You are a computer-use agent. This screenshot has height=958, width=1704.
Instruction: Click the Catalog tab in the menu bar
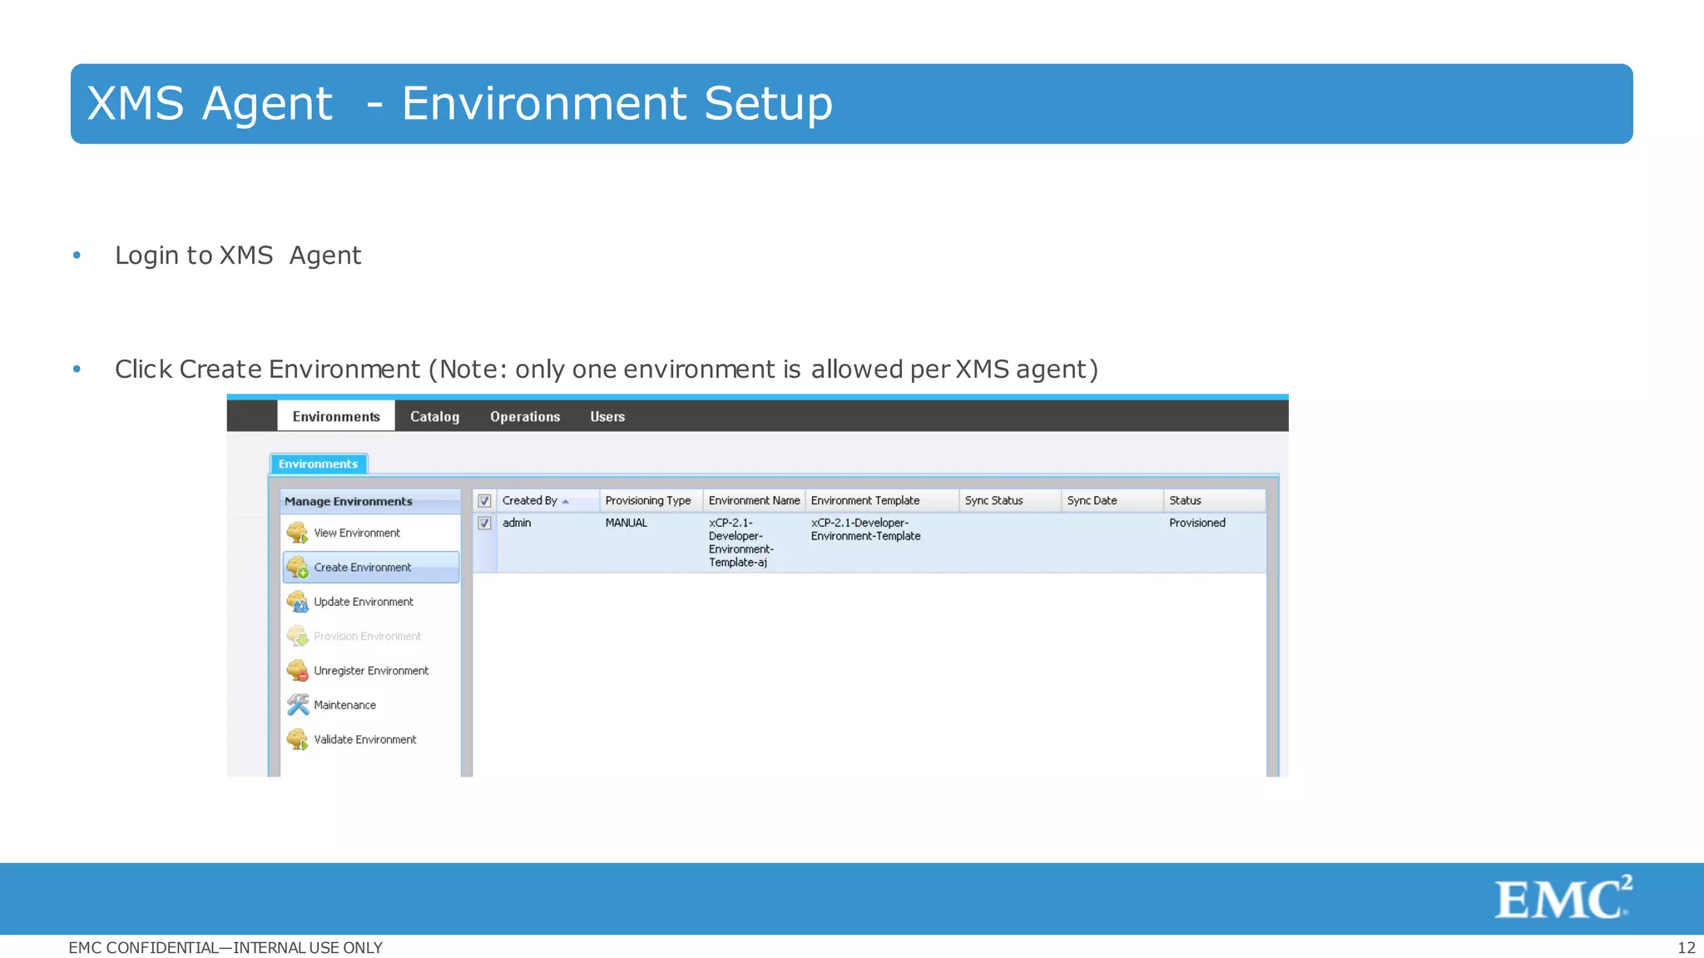click(x=434, y=416)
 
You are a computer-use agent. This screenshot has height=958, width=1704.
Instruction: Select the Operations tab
click(x=525, y=416)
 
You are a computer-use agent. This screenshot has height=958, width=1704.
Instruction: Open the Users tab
click(x=607, y=416)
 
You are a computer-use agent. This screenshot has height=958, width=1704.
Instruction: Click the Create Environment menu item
click(x=362, y=568)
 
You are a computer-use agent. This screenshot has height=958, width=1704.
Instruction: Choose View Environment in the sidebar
click(x=356, y=533)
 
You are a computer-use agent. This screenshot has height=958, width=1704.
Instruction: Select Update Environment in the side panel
click(x=363, y=602)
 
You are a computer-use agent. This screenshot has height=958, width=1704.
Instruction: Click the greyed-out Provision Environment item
click(x=367, y=636)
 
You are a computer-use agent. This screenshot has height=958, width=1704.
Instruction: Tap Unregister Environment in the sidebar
click(x=370, y=671)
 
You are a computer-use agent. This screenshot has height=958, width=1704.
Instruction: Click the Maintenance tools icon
click(x=298, y=705)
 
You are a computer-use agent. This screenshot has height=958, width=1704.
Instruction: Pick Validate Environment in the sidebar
click(x=364, y=739)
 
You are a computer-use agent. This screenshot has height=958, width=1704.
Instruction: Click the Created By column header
click(x=530, y=500)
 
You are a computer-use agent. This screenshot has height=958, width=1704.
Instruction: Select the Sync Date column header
click(x=1092, y=500)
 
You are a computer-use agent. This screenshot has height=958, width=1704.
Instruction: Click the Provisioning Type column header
click(x=648, y=500)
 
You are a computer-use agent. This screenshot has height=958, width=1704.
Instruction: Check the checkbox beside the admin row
click(x=484, y=524)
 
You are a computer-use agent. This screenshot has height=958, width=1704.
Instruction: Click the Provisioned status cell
click(x=1196, y=523)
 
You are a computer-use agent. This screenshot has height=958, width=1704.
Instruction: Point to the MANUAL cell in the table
click(x=626, y=523)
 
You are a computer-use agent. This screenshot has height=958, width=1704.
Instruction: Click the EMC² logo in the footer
click(x=1563, y=897)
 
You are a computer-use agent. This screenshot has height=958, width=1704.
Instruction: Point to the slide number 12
click(x=1686, y=947)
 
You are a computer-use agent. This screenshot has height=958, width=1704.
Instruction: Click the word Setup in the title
click(x=768, y=104)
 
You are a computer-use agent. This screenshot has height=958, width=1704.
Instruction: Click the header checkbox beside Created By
click(x=484, y=501)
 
